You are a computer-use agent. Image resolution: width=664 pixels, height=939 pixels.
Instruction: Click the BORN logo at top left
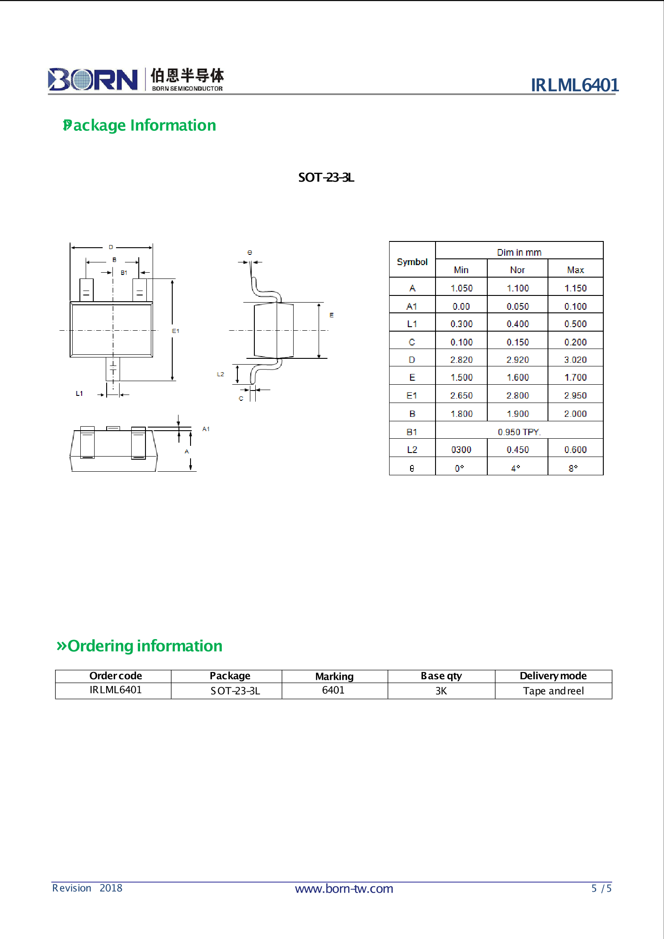(x=93, y=79)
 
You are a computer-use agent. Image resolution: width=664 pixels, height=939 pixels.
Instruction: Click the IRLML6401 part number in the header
(x=574, y=85)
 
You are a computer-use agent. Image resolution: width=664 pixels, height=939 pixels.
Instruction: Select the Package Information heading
(x=140, y=125)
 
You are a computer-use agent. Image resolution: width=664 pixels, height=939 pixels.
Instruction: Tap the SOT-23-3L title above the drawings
(x=326, y=178)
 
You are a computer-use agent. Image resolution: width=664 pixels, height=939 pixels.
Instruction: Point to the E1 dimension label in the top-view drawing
(x=175, y=331)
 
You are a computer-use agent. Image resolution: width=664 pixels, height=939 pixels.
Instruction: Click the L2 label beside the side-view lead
(x=220, y=374)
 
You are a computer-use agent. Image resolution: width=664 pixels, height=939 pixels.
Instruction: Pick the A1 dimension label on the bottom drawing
(x=206, y=429)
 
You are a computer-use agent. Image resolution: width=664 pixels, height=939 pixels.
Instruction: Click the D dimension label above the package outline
(x=111, y=247)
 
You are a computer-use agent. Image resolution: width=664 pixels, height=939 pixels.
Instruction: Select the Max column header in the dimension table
(x=575, y=270)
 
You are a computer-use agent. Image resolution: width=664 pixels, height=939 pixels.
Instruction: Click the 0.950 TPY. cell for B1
(x=519, y=432)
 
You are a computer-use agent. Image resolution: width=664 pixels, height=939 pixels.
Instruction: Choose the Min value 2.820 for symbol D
(x=461, y=360)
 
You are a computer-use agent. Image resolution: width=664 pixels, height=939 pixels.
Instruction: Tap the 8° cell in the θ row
(x=573, y=468)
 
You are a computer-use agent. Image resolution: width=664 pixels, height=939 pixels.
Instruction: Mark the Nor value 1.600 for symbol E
(x=518, y=378)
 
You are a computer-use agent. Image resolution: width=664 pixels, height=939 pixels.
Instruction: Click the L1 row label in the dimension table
(x=412, y=324)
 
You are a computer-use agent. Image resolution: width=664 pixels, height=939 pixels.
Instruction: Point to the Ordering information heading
(x=139, y=646)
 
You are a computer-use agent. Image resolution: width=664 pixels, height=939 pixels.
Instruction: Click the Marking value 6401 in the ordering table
(x=333, y=690)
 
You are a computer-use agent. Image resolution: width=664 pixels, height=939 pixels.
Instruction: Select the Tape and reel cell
(x=553, y=691)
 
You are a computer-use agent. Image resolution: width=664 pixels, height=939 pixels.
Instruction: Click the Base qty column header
(x=441, y=676)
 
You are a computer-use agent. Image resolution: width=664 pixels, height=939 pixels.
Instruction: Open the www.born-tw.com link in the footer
(x=344, y=889)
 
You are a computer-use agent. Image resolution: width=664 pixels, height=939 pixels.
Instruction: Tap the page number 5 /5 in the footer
(x=601, y=888)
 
